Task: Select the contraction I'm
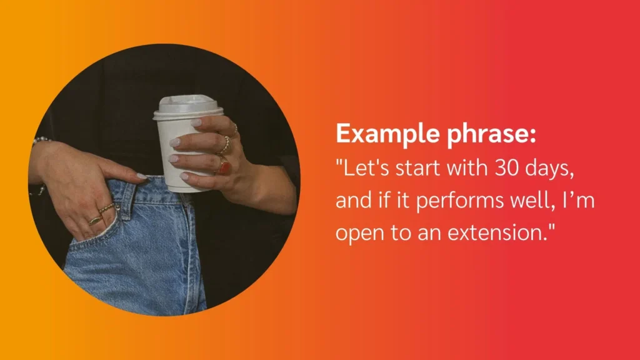point(578,201)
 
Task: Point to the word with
point(466,167)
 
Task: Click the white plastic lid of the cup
point(188,107)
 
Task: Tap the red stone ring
point(224,167)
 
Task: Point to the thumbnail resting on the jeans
point(141,176)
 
